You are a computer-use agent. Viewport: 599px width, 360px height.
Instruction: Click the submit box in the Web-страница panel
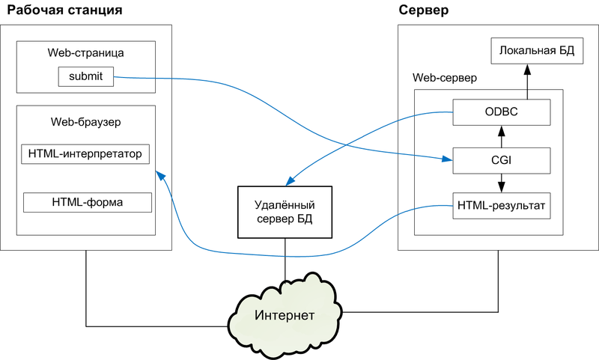coord(85,76)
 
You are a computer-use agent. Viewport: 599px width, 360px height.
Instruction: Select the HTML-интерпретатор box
coord(85,154)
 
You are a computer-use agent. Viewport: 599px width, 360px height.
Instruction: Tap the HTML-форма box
coord(88,202)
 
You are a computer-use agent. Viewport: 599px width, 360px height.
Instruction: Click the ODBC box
coord(502,113)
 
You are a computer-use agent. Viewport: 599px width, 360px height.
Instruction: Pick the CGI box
coord(502,159)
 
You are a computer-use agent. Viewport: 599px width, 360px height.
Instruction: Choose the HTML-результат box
coord(502,205)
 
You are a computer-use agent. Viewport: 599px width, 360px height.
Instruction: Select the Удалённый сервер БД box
coord(284,211)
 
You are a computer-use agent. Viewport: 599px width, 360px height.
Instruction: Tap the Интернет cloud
coord(284,314)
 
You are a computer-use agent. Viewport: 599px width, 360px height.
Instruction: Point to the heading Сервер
coord(424,11)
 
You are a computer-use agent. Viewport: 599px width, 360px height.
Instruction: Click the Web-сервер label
coord(445,78)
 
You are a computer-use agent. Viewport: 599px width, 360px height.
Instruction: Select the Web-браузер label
coord(85,120)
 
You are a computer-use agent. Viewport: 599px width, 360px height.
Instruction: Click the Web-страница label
coord(87,53)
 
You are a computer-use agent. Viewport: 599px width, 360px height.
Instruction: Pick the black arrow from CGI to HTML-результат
coord(502,182)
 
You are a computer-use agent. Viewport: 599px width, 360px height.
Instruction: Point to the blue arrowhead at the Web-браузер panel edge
coord(159,174)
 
